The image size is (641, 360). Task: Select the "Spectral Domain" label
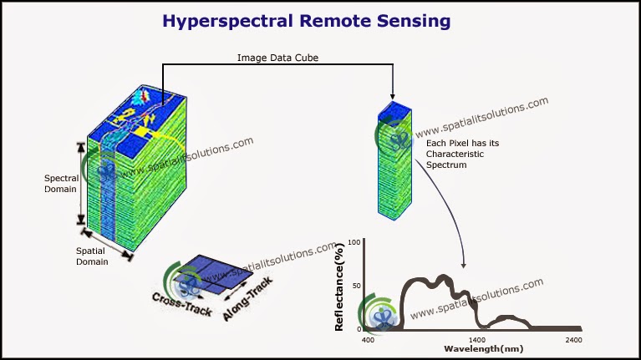pyautogui.click(x=61, y=183)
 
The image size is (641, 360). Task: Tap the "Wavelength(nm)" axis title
pyautogui.click(x=483, y=348)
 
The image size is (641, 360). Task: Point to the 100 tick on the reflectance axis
pyautogui.click(x=354, y=243)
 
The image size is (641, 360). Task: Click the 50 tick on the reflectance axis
pyautogui.click(x=356, y=286)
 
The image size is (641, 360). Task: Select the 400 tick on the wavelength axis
pyautogui.click(x=368, y=339)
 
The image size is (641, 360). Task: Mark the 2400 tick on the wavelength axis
pyautogui.click(x=573, y=339)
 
